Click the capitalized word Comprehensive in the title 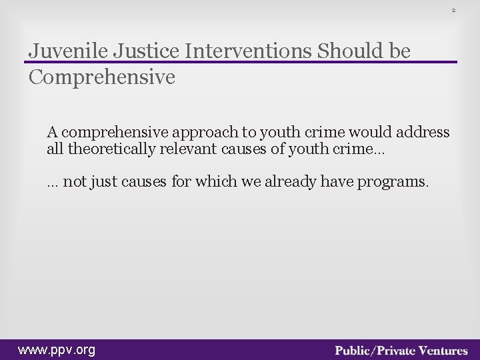pos(102,77)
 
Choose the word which pos(213,183)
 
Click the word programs pos(393,183)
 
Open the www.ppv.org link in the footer pos(57,349)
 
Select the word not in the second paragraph pos(74,183)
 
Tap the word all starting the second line pos(55,149)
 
